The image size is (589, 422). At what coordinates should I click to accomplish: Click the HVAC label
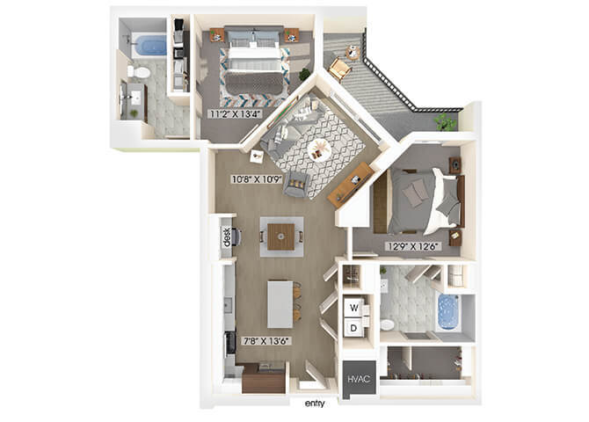click(359, 379)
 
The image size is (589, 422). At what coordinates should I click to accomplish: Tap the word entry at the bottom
click(315, 404)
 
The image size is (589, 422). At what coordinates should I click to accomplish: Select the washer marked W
click(354, 308)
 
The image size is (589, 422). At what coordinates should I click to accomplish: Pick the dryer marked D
click(353, 328)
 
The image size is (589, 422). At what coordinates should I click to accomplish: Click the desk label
click(227, 237)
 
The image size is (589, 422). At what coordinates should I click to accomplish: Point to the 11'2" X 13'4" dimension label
click(235, 114)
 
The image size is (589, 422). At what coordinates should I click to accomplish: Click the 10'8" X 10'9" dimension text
click(257, 179)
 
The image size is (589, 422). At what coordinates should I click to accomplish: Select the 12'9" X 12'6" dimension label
click(413, 246)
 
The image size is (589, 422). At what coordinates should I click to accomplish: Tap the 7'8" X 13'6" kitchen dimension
click(266, 341)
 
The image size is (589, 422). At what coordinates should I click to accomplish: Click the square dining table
click(281, 236)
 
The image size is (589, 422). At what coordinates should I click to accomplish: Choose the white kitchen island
click(280, 304)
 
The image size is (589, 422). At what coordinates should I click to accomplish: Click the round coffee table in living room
click(319, 149)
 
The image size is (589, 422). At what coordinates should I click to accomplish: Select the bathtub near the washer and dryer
click(448, 312)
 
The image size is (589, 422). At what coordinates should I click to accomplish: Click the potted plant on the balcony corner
click(446, 121)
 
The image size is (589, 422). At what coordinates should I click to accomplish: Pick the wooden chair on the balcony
click(340, 69)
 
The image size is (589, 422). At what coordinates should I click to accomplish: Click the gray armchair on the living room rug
click(296, 184)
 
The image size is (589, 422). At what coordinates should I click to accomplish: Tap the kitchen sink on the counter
click(228, 304)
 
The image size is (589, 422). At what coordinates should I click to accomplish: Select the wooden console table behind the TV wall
click(351, 185)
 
